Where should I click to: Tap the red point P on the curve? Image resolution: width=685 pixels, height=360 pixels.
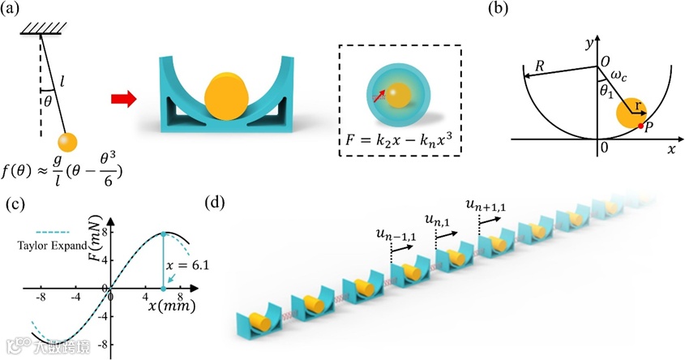[x=640, y=126]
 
